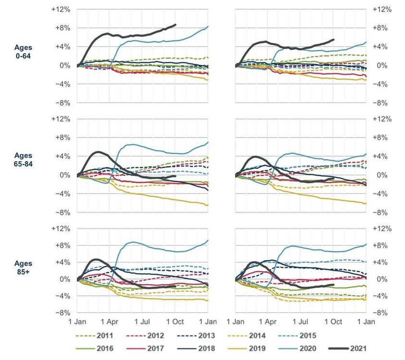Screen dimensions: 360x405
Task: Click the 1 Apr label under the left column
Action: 109,320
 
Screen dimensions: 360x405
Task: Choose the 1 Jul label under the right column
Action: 301,320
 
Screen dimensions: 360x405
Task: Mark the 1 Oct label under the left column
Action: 175,320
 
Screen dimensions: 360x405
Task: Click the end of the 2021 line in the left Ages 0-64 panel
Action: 175,24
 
